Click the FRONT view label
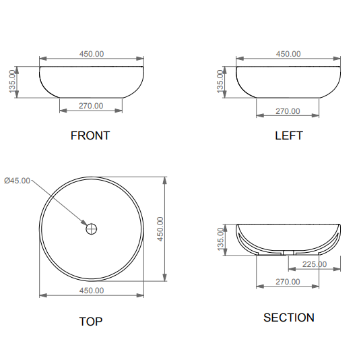[90, 136]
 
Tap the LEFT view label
[289, 136]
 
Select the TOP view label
[91, 322]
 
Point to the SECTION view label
[289, 318]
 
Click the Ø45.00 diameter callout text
[17, 181]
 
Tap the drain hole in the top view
[92, 229]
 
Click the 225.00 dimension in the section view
[315, 264]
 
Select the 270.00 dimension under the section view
[288, 282]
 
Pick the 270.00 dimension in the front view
[91, 106]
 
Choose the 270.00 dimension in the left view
[288, 111]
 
